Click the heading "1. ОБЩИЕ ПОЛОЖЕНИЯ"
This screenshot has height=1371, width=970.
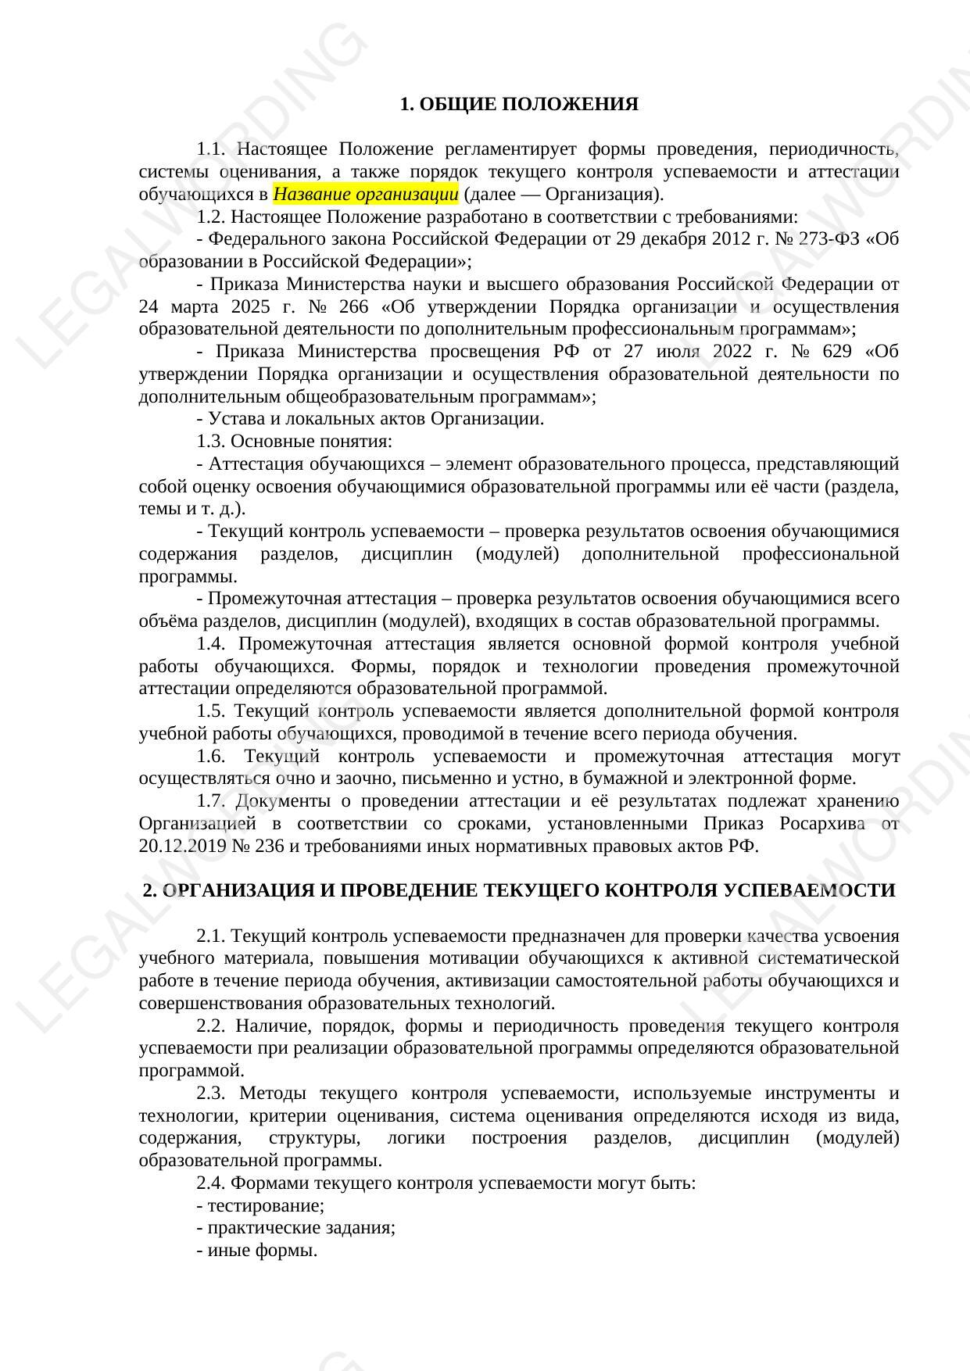tap(519, 104)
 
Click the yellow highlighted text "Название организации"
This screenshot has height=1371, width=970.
tap(366, 194)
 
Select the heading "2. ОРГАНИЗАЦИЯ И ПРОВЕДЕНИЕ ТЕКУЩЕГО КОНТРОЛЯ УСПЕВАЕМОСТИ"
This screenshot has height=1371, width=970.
tap(519, 891)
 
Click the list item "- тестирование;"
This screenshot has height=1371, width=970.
tap(260, 1205)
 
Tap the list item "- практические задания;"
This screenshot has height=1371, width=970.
tap(296, 1228)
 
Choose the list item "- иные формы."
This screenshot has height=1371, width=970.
tap(257, 1251)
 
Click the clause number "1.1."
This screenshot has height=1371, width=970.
tap(210, 149)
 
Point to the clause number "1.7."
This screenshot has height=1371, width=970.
tap(210, 801)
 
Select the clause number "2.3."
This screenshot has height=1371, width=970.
tap(211, 1094)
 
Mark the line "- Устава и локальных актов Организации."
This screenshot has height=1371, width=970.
tap(370, 419)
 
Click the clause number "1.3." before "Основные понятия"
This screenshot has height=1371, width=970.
tap(210, 442)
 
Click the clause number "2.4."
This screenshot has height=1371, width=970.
tap(210, 1183)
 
